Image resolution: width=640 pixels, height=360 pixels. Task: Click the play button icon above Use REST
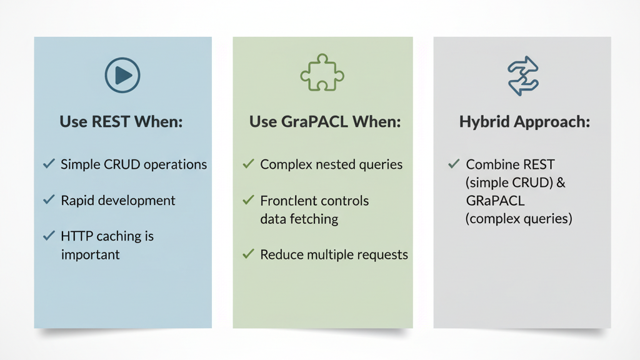click(x=122, y=75)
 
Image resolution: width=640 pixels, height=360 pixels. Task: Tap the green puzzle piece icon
click(x=322, y=72)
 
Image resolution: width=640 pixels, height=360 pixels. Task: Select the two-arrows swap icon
click(x=523, y=76)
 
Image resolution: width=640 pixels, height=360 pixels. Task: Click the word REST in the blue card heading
click(x=111, y=122)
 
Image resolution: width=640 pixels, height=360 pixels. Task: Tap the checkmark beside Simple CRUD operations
click(x=49, y=164)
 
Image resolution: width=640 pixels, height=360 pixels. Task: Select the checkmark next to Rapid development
click(x=49, y=199)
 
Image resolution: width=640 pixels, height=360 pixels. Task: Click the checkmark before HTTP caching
click(x=49, y=236)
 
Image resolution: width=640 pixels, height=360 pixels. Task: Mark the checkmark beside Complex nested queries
click(x=248, y=164)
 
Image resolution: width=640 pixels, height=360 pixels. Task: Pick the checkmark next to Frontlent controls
click(x=248, y=199)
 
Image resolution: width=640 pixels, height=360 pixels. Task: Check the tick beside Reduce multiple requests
click(x=248, y=254)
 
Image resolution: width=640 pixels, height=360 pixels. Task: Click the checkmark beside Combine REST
click(x=454, y=164)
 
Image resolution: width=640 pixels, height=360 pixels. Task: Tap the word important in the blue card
click(x=90, y=255)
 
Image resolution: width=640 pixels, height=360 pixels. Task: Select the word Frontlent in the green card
click(x=285, y=201)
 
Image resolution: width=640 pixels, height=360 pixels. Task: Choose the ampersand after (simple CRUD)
click(x=561, y=182)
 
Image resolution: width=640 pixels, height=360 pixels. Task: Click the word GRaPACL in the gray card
click(x=495, y=201)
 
